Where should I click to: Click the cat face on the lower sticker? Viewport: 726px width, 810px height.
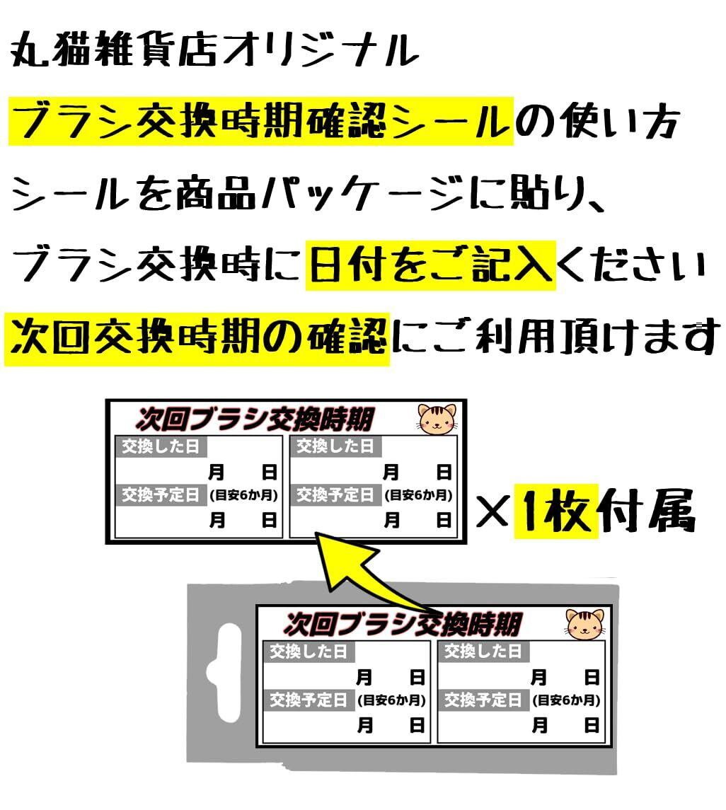coord(584,623)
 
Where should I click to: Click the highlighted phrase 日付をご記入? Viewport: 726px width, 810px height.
coord(430,266)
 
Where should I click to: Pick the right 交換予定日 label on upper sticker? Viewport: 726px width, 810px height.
coord(336,495)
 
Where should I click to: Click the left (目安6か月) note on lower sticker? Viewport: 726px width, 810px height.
coord(391,700)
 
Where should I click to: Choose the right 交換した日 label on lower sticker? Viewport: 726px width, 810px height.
coord(483,651)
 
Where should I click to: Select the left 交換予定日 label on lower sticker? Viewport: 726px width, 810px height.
coord(309,700)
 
